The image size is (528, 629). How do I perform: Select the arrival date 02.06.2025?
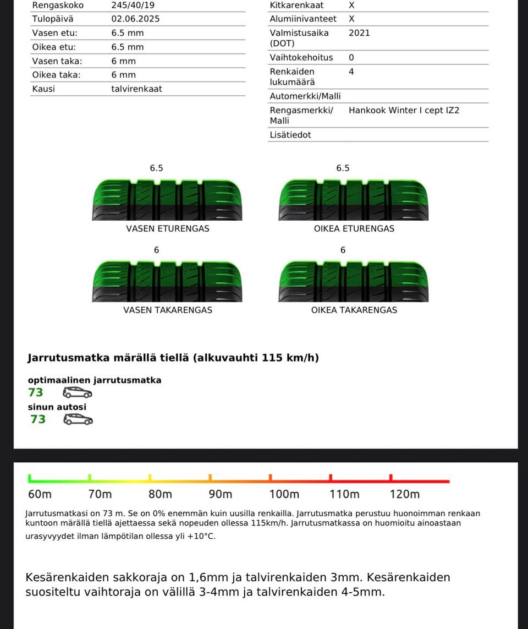pyautogui.click(x=135, y=19)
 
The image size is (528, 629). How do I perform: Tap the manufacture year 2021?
pyautogui.click(x=359, y=33)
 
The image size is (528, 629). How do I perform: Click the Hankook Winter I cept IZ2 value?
pyautogui.click(x=404, y=110)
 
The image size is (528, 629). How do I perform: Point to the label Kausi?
pyautogui.click(x=43, y=89)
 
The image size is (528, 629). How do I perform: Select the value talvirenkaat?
pyautogui.click(x=136, y=89)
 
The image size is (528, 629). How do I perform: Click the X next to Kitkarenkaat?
pyautogui.click(x=351, y=5)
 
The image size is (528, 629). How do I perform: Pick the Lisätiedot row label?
pyautogui.click(x=290, y=135)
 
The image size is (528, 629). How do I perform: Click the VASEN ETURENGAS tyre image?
pyautogui.click(x=167, y=199)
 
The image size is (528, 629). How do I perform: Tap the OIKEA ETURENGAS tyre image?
pyautogui.click(x=354, y=199)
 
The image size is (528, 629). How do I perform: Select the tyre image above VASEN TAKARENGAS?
pyautogui.click(x=167, y=281)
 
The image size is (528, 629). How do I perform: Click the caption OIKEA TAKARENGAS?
pyautogui.click(x=354, y=310)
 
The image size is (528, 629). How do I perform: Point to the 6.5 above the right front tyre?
pyautogui.click(x=343, y=168)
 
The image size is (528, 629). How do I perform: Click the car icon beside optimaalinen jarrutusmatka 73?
pyautogui.click(x=78, y=392)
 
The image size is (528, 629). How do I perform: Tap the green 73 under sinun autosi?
pyautogui.click(x=38, y=419)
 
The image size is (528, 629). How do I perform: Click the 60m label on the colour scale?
pyautogui.click(x=40, y=494)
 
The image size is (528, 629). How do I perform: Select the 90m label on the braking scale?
pyautogui.click(x=221, y=494)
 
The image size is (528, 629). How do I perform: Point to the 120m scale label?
pyautogui.click(x=404, y=494)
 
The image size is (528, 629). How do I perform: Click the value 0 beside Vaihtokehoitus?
pyautogui.click(x=351, y=58)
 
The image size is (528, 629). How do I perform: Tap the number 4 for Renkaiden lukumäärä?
pyautogui.click(x=351, y=72)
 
